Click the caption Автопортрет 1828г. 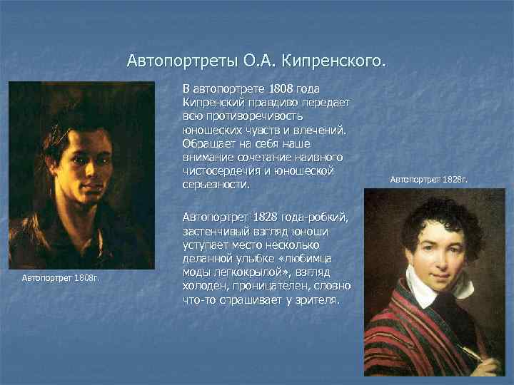tap(428, 180)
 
